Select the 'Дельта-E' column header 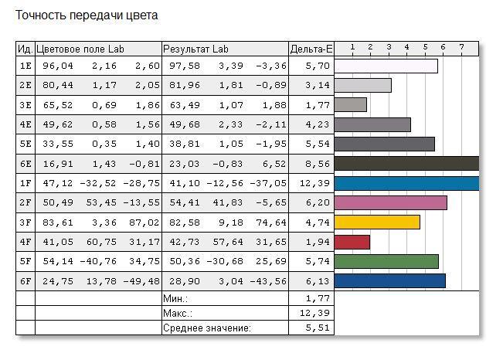311,49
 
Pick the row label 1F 25,183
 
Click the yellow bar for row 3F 377,222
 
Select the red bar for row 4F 352,242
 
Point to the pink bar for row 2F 391,202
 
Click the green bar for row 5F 386,261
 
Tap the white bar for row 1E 386,66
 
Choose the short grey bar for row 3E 351,105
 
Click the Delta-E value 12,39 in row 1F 315,183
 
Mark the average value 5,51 318,328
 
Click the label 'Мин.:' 176,297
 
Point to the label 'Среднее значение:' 207,328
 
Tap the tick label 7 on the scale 461,47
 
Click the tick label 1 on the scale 352,47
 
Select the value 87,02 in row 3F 145,222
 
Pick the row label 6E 25,164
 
